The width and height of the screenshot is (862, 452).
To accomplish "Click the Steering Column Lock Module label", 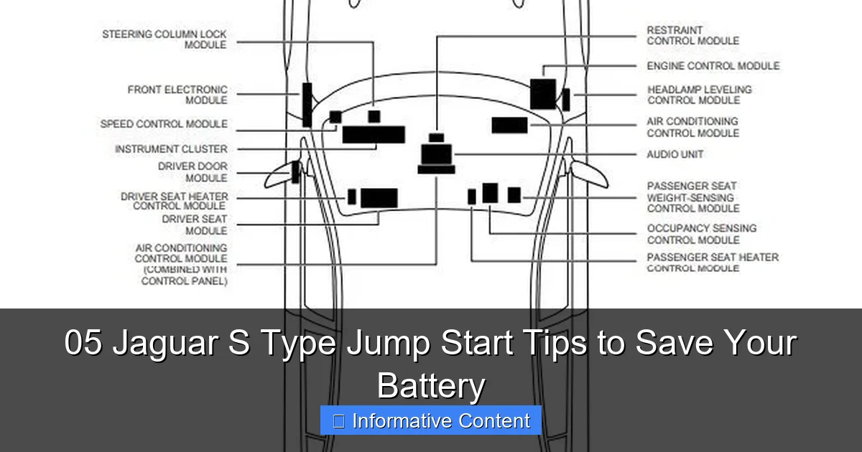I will click(164, 39).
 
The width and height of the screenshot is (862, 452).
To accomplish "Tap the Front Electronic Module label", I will click(177, 95).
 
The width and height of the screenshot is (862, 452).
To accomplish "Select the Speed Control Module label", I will click(164, 124).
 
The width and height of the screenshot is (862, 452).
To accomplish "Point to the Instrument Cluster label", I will click(171, 149).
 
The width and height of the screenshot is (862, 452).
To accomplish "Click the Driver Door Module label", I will click(193, 172).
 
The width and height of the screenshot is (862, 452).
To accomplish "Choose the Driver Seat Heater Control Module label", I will click(175, 202).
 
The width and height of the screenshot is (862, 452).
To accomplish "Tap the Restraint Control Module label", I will click(692, 36).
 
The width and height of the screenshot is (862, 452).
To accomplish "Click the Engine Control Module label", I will click(713, 66).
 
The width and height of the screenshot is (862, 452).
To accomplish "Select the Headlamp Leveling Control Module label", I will click(699, 95).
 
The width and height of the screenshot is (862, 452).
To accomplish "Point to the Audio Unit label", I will click(675, 154).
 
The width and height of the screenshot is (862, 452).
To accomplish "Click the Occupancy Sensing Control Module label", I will click(701, 234).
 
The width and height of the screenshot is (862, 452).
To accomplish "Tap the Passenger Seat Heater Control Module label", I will click(713, 263).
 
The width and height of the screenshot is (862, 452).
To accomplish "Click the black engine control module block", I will click(543, 94).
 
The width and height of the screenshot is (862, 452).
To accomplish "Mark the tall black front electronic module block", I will click(307, 105).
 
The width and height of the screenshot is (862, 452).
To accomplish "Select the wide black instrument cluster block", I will click(374, 135).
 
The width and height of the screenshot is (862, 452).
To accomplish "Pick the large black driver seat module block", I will click(379, 198).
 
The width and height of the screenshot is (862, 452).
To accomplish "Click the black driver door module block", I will click(295, 172).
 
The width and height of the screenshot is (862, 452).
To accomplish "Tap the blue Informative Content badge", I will click(431, 420).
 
